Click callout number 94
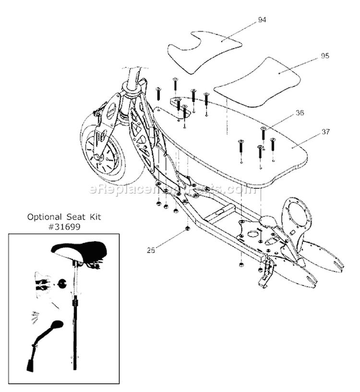coord(262,20)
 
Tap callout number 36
coord(300,114)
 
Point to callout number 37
coord(312,131)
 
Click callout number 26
coord(152,250)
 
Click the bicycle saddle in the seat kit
coord(79,251)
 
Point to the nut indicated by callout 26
coord(188,227)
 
